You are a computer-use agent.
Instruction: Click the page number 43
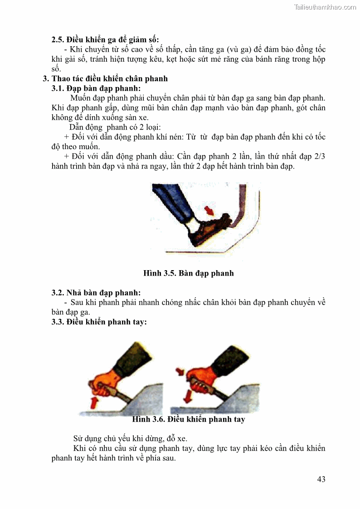click(321, 479)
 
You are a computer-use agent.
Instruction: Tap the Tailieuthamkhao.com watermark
click(325, 7)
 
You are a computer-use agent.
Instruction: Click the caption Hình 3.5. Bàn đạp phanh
click(188, 273)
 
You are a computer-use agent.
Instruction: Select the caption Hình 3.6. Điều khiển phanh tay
click(188, 419)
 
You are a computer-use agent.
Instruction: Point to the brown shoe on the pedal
click(208, 229)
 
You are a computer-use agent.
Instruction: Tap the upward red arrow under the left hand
click(94, 402)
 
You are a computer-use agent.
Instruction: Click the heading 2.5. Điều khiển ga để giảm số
click(105, 39)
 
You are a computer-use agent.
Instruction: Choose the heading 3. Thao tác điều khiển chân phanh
click(105, 78)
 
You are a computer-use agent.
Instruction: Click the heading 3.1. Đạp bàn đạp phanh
click(96, 88)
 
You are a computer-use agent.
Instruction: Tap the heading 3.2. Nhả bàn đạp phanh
click(96, 292)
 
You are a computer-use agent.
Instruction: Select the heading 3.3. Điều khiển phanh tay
click(99, 322)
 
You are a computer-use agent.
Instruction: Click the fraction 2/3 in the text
click(320, 156)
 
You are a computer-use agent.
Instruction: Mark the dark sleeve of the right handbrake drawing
click(231, 358)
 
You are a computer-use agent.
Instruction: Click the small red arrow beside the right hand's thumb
click(180, 371)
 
